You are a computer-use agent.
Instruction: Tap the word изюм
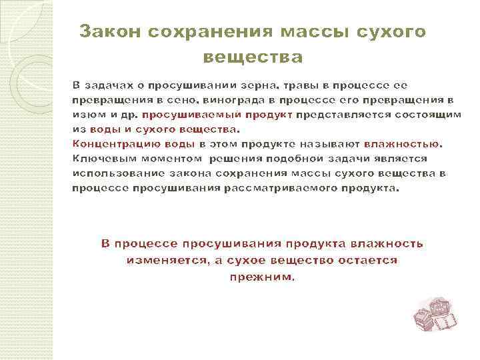pyautogui.click(x=86, y=114)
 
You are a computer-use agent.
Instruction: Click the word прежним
pyautogui.click(x=261, y=276)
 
